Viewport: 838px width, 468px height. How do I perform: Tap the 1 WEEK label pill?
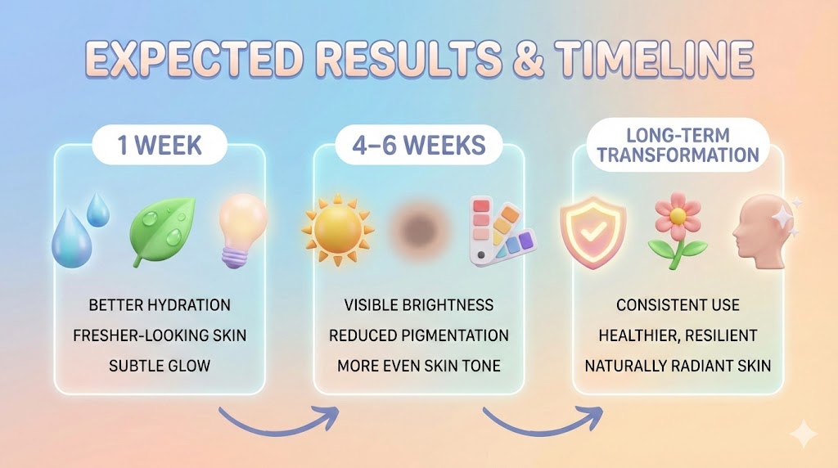pyautogui.click(x=160, y=146)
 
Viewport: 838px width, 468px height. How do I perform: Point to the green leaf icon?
pyautogui.click(x=164, y=232)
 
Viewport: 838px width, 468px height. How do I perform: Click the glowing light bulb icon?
pyautogui.click(x=243, y=230)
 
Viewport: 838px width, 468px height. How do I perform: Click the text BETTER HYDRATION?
pyautogui.click(x=160, y=305)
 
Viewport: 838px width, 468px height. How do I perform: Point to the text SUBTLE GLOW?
pyautogui.click(x=160, y=365)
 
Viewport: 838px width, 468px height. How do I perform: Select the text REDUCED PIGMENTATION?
pyautogui.click(x=419, y=335)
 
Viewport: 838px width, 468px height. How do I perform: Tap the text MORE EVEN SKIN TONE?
pyautogui.click(x=419, y=365)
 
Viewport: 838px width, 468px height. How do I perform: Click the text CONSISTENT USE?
pyautogui.click(x=678, y=305)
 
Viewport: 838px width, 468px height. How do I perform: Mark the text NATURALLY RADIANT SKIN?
pyautogui.click(x=678, y=365)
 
